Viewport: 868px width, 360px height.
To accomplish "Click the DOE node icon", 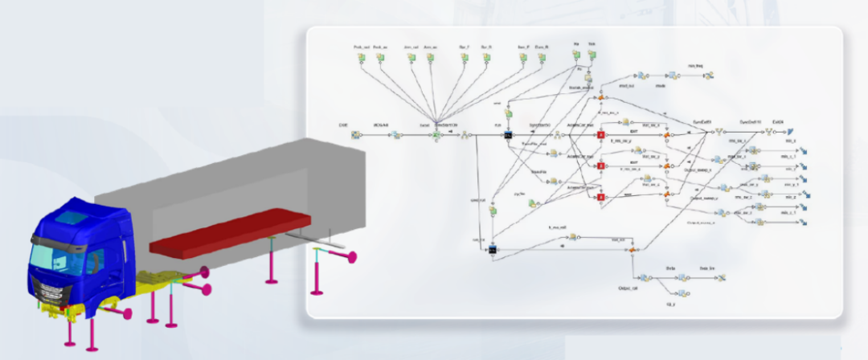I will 354,135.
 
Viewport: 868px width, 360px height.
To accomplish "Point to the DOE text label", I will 343,125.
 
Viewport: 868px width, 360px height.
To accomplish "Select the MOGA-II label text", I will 382,125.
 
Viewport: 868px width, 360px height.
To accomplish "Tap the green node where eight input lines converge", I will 436,135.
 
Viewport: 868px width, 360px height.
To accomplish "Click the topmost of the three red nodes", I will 599,136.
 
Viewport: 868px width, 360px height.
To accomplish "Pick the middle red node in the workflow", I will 599,166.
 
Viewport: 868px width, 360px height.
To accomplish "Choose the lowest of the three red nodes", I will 599,198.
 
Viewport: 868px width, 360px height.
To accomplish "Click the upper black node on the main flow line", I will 507,136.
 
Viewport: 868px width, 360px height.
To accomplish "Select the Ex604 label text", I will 778,121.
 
